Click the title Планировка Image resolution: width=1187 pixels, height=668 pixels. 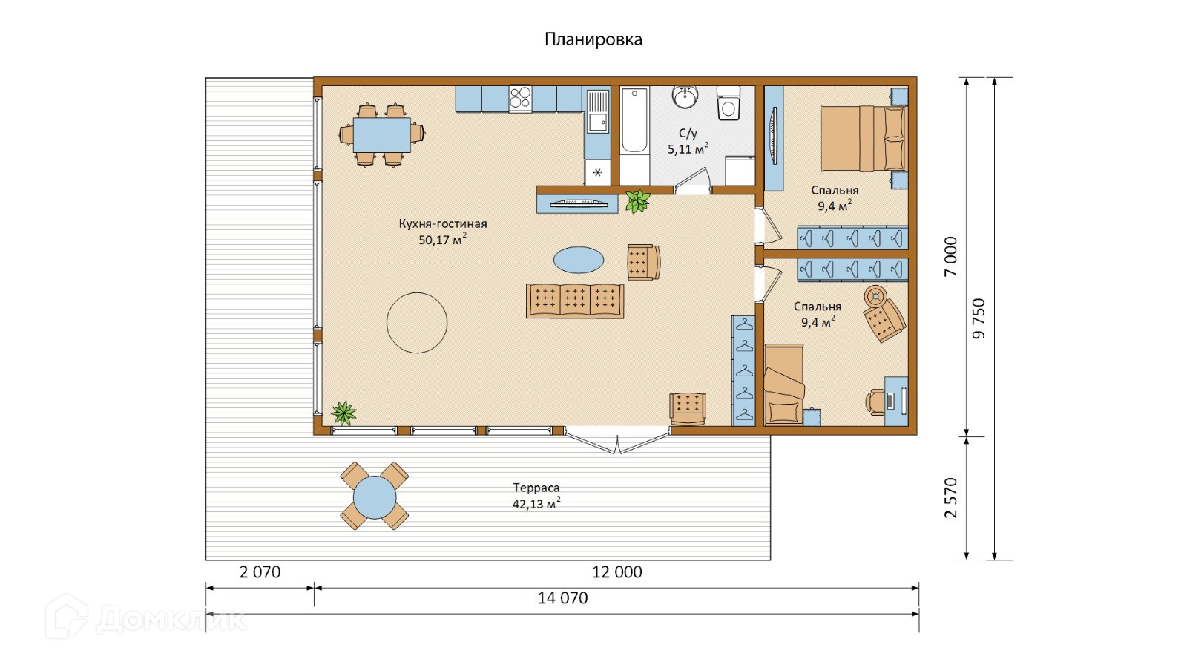[593, 40]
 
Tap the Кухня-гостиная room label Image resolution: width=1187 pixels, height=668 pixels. [442, 223]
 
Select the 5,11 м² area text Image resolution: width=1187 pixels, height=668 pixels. [688, 149]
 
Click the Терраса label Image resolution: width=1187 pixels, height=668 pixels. [536, 487]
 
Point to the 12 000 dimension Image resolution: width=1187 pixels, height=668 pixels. [616, 572]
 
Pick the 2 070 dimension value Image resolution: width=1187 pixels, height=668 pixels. [260, 572]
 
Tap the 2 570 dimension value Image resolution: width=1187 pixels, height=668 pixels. [951, 498]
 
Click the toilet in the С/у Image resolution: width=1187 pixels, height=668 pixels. [728, 103]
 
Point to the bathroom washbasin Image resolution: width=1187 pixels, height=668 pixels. [685, 96]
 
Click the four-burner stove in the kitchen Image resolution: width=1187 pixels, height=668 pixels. [520, 98]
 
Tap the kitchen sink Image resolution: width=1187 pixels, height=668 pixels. [598, 111]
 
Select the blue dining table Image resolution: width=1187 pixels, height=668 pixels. [381, 134]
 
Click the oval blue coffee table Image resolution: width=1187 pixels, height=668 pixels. [578, 260]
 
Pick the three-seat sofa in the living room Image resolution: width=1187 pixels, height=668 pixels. [575, 301]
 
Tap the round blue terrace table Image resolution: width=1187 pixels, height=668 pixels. [375, 497]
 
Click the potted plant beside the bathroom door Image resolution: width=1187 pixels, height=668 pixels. [637, 201]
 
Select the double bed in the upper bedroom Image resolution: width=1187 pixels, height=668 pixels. [864, 139]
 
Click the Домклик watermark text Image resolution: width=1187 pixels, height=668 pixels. [171, 619]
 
